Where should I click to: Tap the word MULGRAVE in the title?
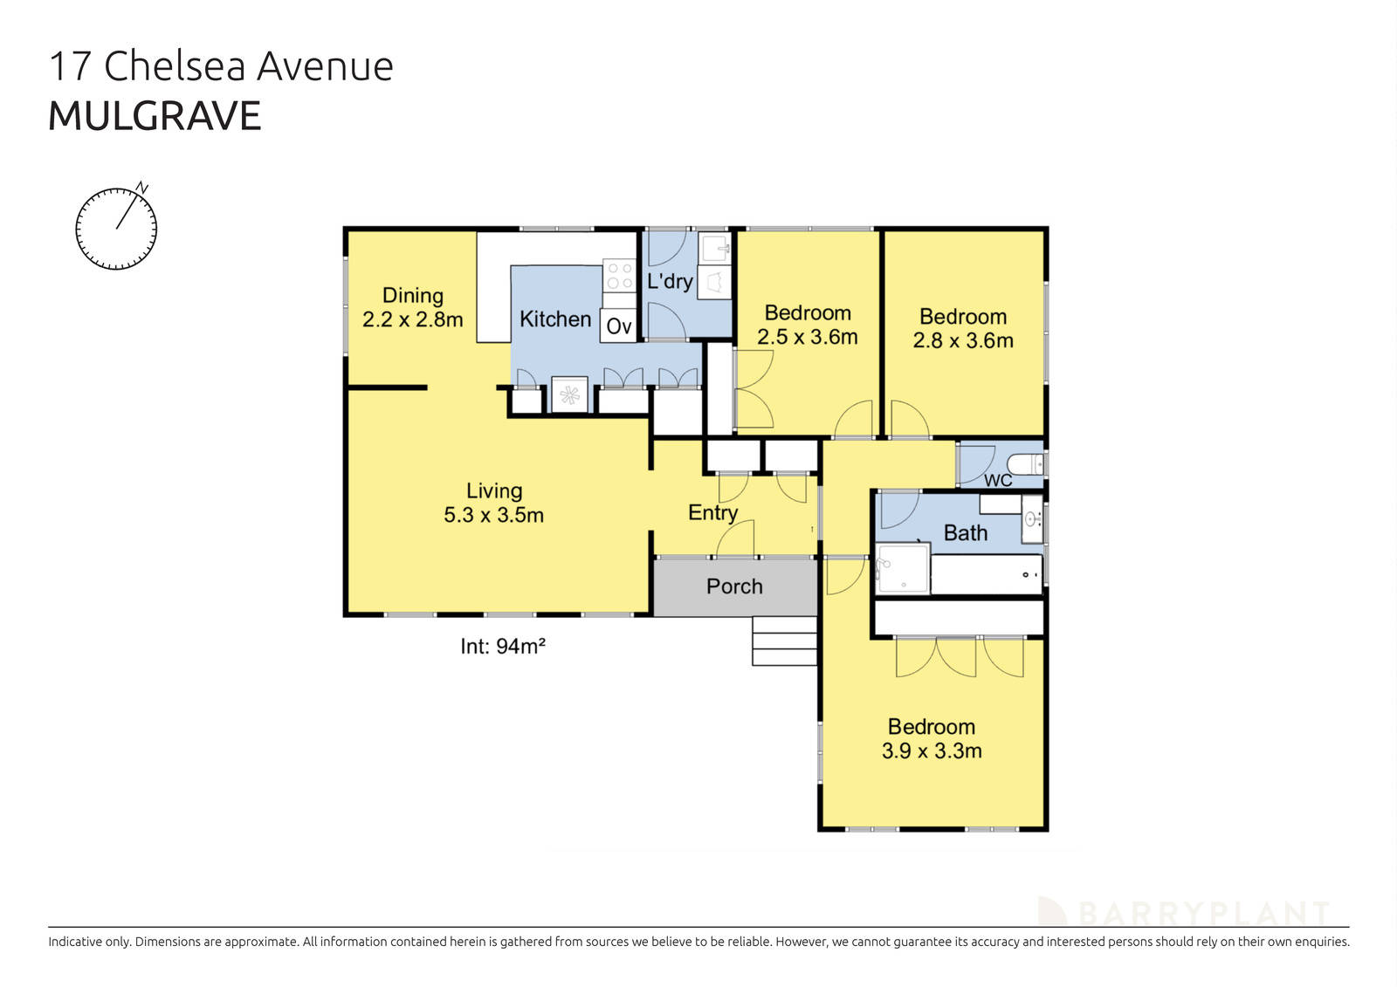click(155, 117)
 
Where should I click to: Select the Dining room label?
click(413, 296)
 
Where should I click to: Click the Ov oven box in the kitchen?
click(618, 326)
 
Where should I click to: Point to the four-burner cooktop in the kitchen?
click(619, 276)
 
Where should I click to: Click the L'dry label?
click(670, 281)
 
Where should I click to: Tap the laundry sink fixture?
click(716, 248)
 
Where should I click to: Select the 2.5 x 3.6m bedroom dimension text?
click(807, 337)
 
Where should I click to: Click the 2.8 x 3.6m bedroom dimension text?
click(963, 340)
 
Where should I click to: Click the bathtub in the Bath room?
click(987, 575)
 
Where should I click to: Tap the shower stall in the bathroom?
click(903, 568)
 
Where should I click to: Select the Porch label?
click(734, 586)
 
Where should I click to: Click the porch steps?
click(784, 641)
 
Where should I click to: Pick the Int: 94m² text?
click(503, 646)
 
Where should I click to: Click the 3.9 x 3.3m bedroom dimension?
click(932, 751)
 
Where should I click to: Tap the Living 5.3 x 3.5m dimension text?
click(493, 515)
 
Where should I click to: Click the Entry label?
click(712, 512)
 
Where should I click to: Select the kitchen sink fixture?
click(569, 395)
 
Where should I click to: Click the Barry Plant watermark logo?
click(1183, 913)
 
